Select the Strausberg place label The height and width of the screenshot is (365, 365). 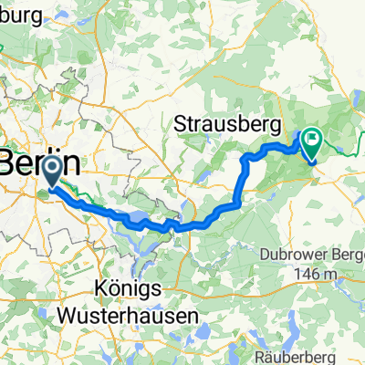pos(228,122)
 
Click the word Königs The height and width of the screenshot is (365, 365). pos(131,287)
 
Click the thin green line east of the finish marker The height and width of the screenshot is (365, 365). pos(347,147)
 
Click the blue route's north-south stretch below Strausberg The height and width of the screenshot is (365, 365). pos(241,182)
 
